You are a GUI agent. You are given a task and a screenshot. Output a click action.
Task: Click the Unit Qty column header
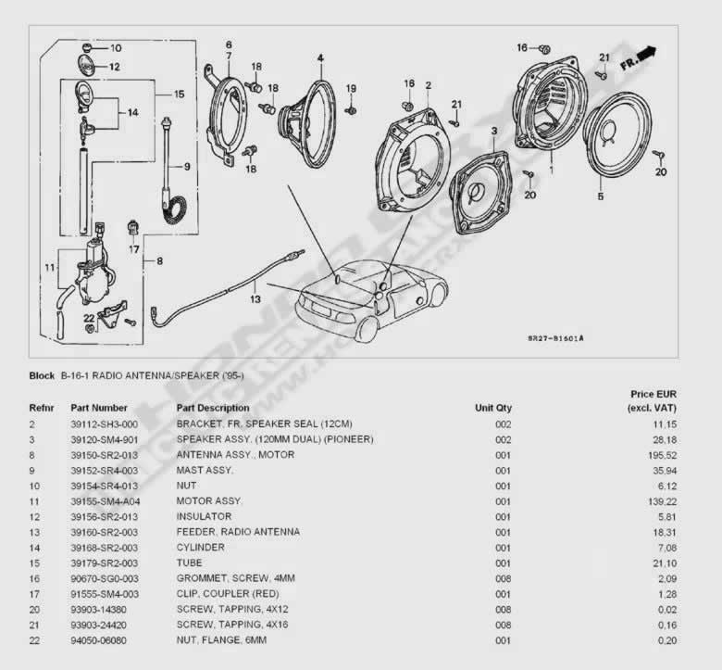pos(492,408)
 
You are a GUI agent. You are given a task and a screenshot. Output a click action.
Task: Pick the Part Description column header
pos(212,408)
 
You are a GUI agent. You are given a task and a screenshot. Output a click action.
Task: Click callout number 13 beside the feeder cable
pos(254,299)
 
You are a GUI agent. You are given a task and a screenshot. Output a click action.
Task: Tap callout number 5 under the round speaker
pos(600,196)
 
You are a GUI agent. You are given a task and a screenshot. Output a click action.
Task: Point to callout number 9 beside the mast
pos(186,167)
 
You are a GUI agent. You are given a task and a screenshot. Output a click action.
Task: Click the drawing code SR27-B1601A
pos(554,337)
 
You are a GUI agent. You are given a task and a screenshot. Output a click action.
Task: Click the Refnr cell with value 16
pos(34,578)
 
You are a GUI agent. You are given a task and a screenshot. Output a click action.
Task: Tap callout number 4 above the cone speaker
pos(319,57)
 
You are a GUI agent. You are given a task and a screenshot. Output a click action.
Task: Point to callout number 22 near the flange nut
pos(89,318)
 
